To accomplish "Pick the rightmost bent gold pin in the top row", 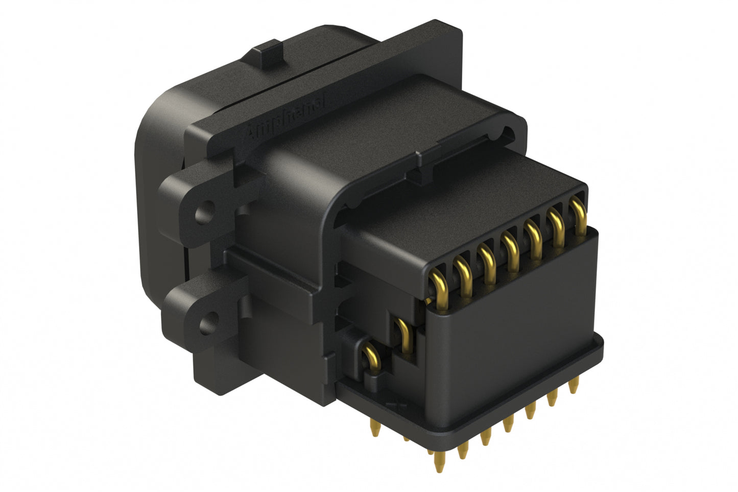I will pyautogui.click(x=578, y=214).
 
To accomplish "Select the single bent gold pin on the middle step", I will pyautogui.click(x=403, y=333).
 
